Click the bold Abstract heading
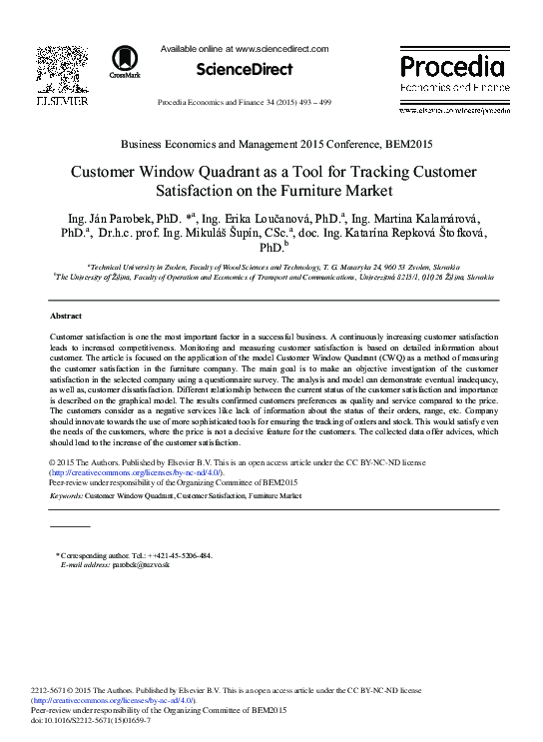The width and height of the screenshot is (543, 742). (65, 315)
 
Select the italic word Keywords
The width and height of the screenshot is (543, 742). (65, 495)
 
